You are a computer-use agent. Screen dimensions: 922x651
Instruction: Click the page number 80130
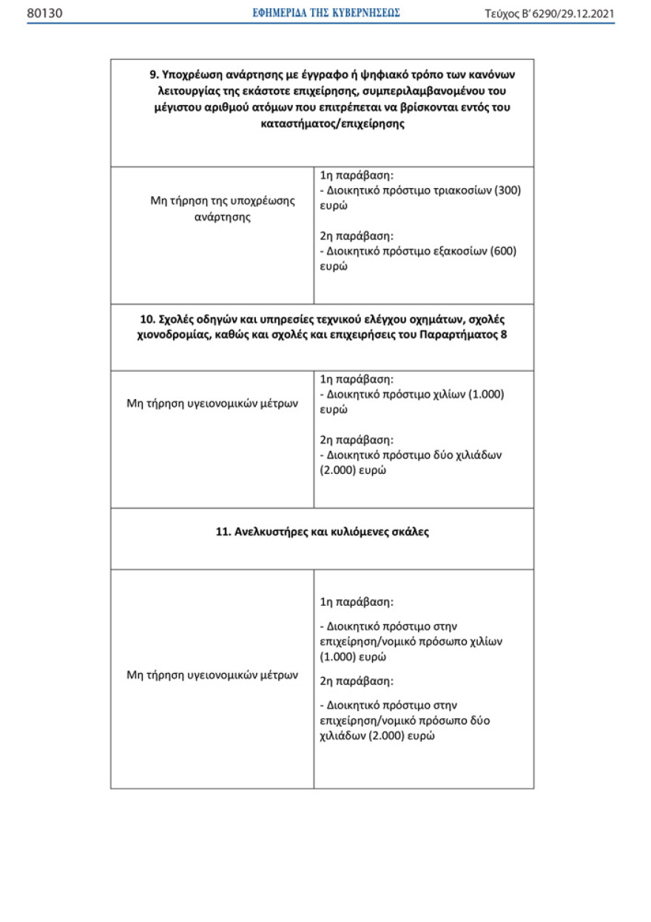point(44,13)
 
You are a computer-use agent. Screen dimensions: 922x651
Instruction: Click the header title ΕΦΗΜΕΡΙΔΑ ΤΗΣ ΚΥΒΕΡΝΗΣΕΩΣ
point(326,13)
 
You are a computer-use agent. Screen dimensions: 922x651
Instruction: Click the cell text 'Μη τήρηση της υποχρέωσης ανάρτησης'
point(212,209)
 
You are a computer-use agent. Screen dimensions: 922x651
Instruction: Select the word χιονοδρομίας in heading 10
point(171,335)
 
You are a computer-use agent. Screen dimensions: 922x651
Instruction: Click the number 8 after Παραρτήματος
point(503,335)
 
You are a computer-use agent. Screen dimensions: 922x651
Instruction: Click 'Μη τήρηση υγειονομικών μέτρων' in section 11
point(212,675)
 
